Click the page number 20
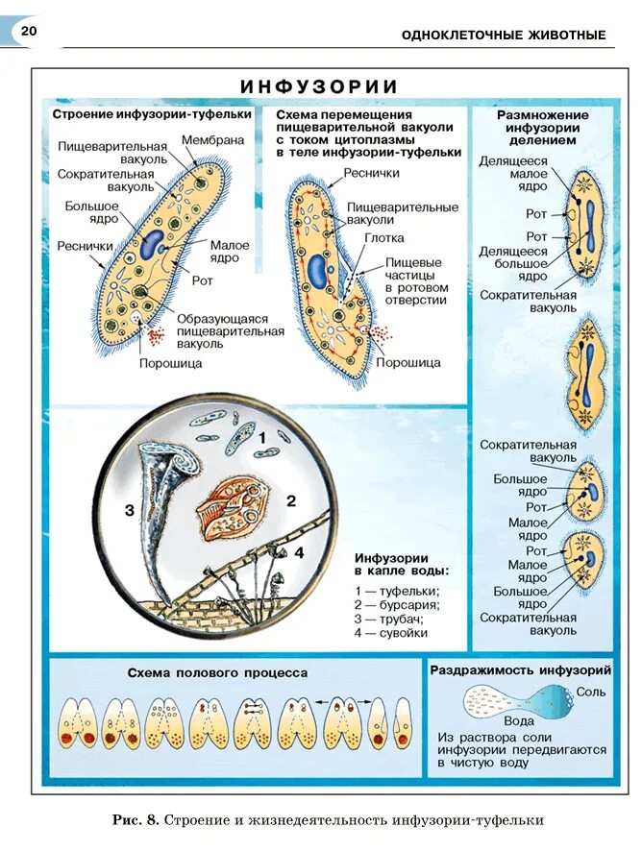coord(28,33)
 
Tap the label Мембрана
coord(212,139)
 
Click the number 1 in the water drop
coord(260,437)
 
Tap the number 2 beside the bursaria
coord(290,500)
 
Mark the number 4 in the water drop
coord(299,552)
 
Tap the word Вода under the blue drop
coord(519,720)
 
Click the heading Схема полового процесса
coord(217,672)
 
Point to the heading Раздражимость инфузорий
coord(520,669)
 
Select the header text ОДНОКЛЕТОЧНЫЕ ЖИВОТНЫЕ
coord(504,36)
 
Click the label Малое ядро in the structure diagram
coord(230,252)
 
